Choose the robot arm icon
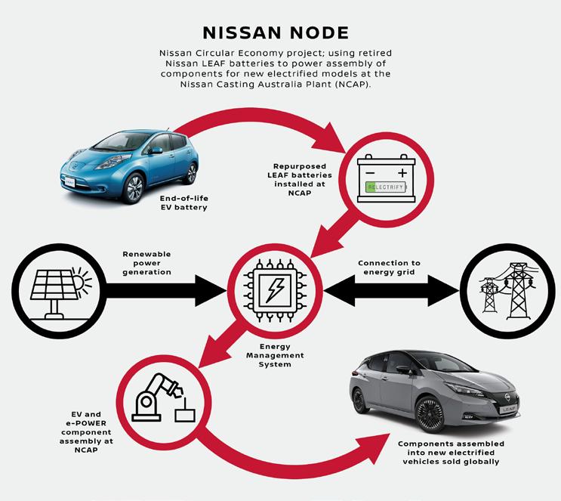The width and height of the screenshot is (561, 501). [162, 400]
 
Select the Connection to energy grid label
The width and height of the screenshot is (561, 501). [389, 268]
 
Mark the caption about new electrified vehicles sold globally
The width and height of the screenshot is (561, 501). [452, 452]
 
